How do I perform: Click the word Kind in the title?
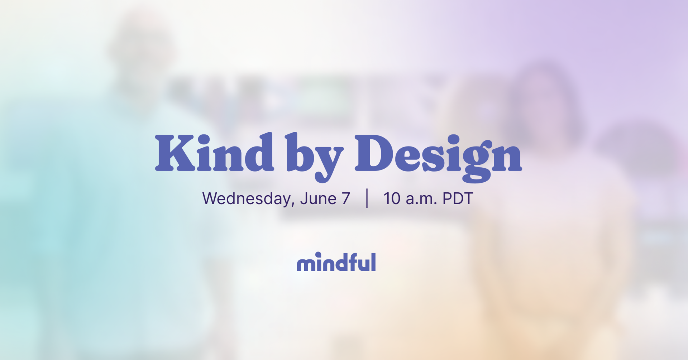pyautogui.click(x=214, y=153)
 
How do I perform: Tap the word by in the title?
pyautogui.click(x=314, y=156)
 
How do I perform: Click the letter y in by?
pyautogui.click(x=328, y=161)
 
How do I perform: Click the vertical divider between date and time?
pyautogui.click(x=367, y=198)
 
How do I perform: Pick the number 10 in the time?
pyautogui.click(x=392, y=199)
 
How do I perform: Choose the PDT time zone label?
pyautogui.click(x=458, y=199)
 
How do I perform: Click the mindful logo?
pyautogui.click(x=336, y=262)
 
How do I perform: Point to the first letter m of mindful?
pyautogui.click(x=305, y=264)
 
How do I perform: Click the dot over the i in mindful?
pyautogui.click(x=318, y=254)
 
